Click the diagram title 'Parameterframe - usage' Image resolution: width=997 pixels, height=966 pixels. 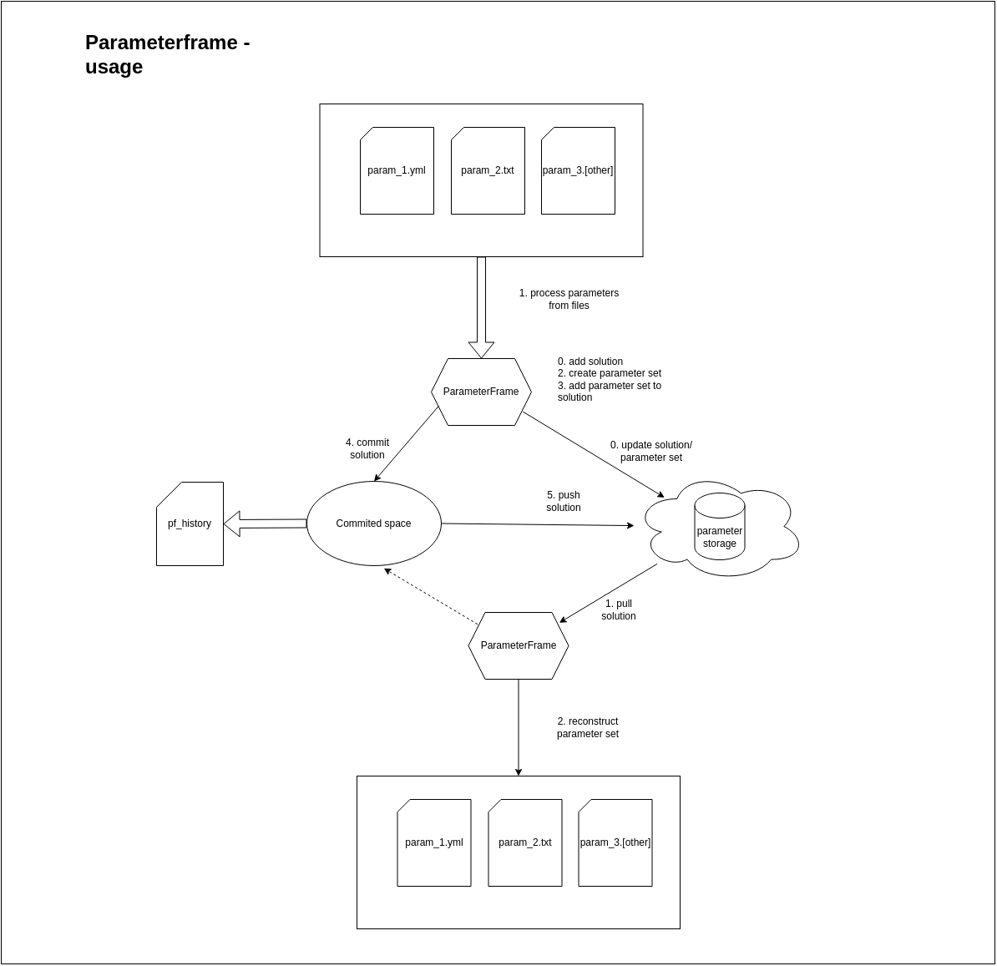167,54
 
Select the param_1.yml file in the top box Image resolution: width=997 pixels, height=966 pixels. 397,170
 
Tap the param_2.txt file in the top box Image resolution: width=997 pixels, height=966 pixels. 488,170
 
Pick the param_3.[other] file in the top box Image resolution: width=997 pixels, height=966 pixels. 578,170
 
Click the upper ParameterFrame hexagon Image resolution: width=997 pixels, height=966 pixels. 481,392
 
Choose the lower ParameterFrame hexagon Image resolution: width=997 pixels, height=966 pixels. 519,645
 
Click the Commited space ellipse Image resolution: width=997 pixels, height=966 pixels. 373,523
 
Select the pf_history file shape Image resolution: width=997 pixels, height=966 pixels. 190,523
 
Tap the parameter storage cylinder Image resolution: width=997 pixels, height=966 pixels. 719,527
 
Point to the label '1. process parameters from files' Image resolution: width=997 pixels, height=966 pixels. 569,299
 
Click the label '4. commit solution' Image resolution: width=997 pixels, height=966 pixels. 367,448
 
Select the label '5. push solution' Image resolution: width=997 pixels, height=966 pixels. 564,501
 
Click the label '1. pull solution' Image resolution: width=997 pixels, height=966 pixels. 619,609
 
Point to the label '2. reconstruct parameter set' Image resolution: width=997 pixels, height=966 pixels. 588,727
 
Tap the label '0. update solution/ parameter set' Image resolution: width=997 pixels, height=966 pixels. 651,451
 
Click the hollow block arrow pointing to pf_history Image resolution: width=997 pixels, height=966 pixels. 265,523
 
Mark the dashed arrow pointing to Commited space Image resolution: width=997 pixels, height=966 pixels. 432,596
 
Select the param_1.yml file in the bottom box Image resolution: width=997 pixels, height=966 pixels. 434,842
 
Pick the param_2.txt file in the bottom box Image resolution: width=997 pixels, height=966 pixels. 525,842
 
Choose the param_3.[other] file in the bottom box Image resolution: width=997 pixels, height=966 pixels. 615,842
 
